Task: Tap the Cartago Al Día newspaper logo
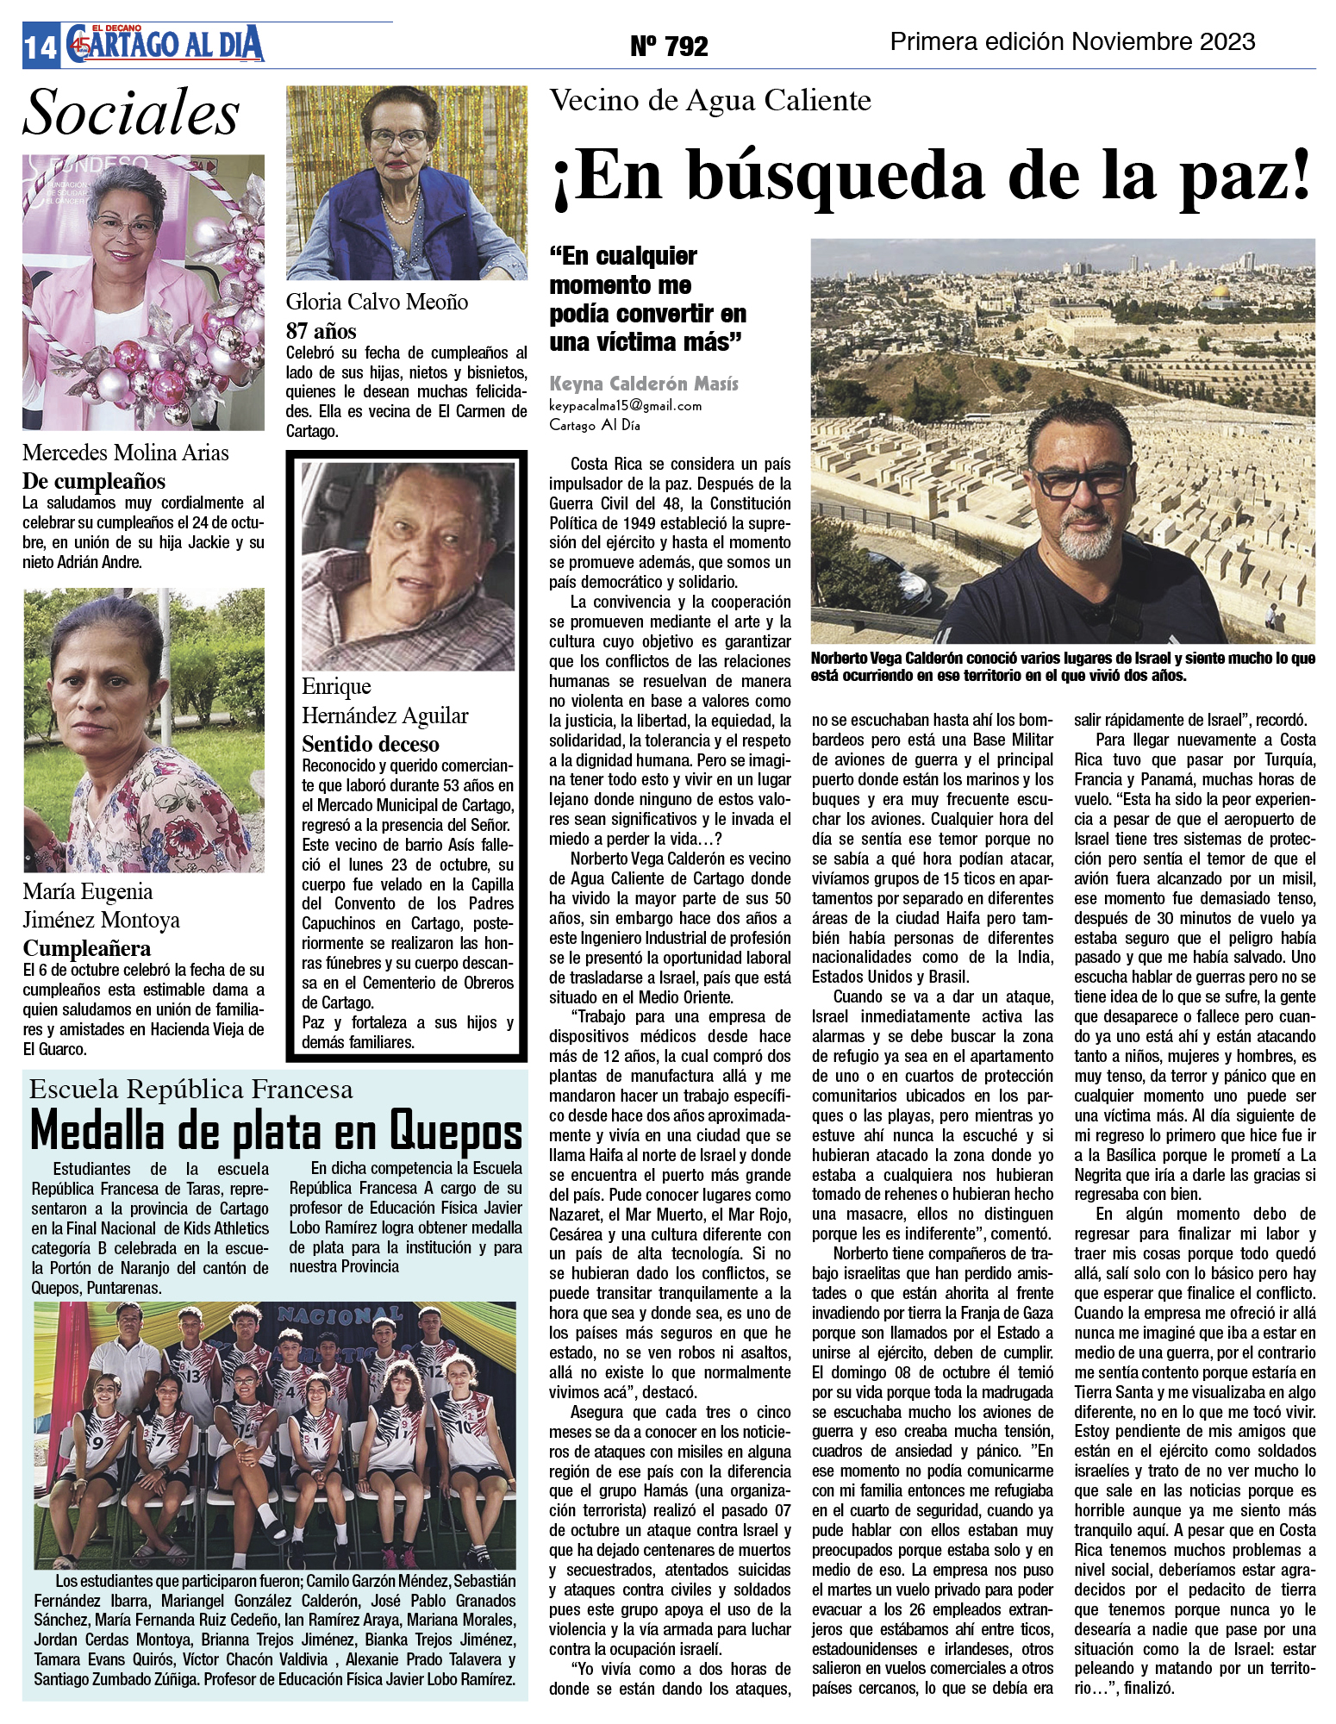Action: pos(164,44)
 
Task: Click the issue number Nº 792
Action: pos(669,46)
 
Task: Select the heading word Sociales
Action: pos(131,113)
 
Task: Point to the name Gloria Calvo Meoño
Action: pos(377,302)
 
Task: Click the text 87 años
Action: pos(321,331)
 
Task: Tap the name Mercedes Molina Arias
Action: pos(126,453)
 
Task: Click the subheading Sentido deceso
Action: pos(370,744)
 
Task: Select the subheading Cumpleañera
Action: pos(86,948)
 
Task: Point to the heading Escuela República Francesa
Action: pos(190,1090)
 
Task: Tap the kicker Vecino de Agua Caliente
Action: pos(710,101)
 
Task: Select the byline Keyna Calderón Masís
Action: pos(643,384)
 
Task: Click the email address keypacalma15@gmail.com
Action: pos(625,405)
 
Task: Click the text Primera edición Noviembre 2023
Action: pos(1072,41)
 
